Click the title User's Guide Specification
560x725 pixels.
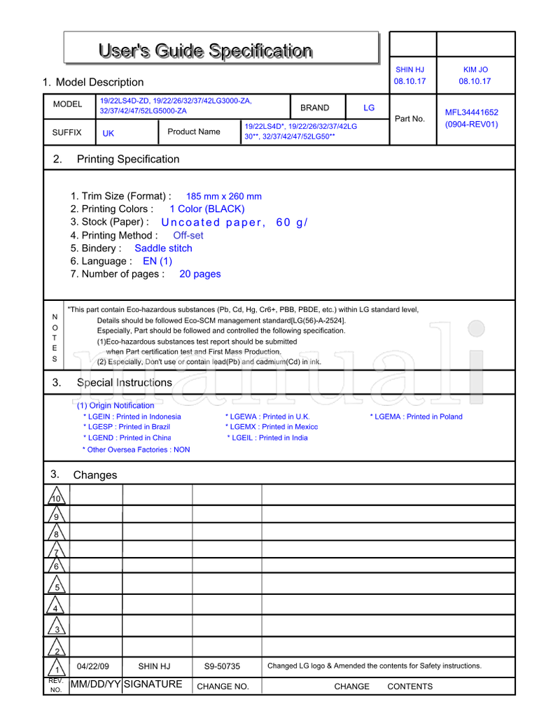(206, 50)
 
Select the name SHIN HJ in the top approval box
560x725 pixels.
(409, 70)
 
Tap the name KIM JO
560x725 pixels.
(475, 70)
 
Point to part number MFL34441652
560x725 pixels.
(471, 112)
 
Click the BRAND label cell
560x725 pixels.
(314, 108)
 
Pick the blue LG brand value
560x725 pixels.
(369, 108)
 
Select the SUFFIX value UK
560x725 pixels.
(108, 133)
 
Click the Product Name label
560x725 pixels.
(194, 132)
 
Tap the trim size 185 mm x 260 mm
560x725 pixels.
(224, 197)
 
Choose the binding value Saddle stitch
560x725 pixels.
(163, 248)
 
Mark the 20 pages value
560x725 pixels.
(199, 274)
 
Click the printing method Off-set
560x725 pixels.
(188, 236)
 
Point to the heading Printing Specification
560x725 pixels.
(128, 159)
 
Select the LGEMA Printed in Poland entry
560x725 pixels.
(416, 416)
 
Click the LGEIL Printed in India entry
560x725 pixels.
(267, 438)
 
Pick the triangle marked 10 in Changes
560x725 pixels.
(57, 496)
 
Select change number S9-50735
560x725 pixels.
(222, 666)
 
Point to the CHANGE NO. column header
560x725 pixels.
(223, 687)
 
